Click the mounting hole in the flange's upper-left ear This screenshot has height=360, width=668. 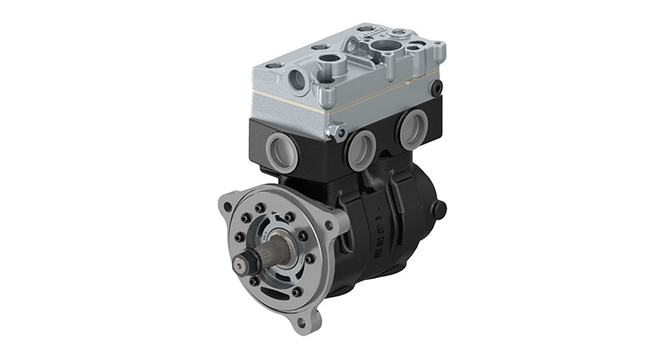pos(225,204)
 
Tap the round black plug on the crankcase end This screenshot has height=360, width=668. pos(439,208)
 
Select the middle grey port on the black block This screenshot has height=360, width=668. pos(362,150)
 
